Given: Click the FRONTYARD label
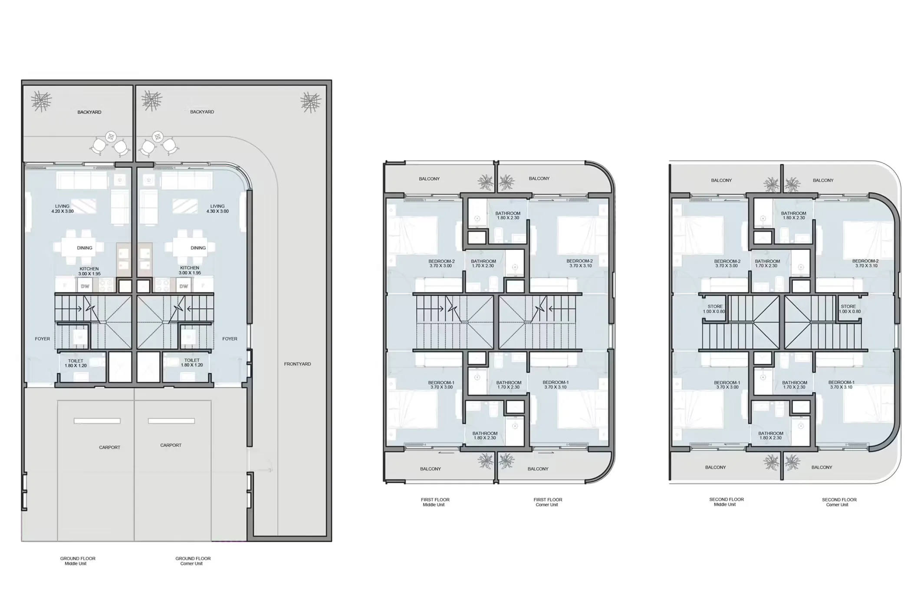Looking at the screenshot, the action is [297, 364].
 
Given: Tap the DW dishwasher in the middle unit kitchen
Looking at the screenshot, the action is [85, 286].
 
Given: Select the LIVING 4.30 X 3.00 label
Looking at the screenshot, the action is [217, 209].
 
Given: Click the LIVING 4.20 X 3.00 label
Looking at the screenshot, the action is [62, 209].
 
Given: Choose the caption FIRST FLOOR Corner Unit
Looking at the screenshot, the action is [548, 502].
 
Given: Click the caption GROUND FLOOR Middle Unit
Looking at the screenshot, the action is [78, 561].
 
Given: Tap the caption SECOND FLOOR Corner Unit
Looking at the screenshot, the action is [839, 502].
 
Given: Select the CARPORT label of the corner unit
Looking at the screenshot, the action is [171, 445].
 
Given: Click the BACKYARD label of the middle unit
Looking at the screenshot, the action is [89, 112].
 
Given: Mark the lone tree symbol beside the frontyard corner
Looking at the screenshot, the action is [311, 102].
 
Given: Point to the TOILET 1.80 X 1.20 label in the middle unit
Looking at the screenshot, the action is [76, 363].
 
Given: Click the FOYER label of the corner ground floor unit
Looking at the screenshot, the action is [230, 339].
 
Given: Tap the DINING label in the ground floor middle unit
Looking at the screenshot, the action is [85, 248].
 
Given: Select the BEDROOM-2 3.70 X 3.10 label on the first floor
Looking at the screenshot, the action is [579, 263].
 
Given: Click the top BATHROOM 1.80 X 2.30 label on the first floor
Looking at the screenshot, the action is [508, 215].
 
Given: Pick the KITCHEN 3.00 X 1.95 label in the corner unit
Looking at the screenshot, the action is [190, 270].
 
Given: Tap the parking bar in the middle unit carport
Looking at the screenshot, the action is [97, 421].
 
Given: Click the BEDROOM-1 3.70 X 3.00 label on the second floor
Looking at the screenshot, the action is [727, 385].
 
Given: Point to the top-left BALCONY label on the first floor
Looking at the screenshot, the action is [429, 179].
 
